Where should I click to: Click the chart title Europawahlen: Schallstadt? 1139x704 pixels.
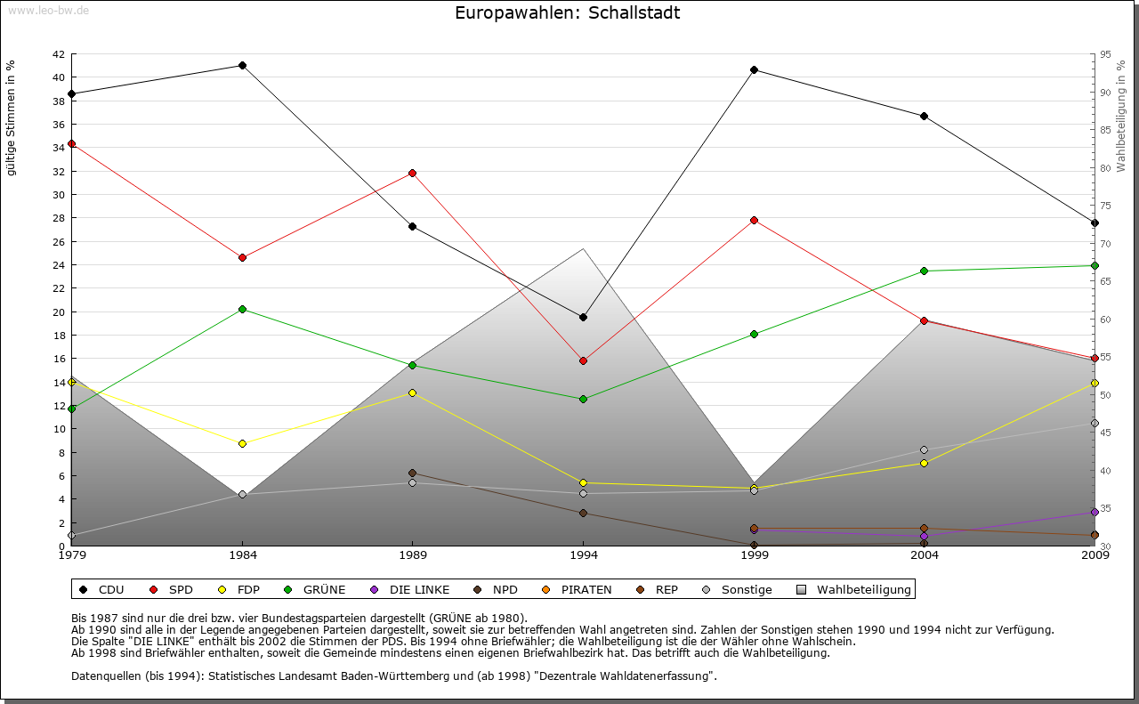(567, 12)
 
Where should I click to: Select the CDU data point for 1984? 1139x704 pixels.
(242, 65)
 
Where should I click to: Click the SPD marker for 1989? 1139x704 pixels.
(413, 173)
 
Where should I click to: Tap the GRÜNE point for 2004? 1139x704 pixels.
(925, 271)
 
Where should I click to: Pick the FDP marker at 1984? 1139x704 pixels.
(242, 443)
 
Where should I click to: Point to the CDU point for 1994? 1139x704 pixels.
(584, 317)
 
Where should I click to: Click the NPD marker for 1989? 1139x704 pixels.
(413, 473)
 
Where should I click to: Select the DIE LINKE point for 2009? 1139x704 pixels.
(1095, 512)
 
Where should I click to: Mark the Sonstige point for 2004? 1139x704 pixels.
(925, 449)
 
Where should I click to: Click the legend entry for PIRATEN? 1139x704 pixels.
(578, 589)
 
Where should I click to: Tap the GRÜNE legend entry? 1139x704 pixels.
(316, 589)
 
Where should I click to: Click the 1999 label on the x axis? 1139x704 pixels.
(755, 555)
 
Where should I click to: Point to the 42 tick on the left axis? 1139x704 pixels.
(58, 54)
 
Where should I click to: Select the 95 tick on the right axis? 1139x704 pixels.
(1105, 54)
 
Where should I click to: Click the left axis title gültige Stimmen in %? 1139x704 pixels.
(12, 118)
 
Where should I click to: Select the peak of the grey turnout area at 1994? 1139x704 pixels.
(584, 248)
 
